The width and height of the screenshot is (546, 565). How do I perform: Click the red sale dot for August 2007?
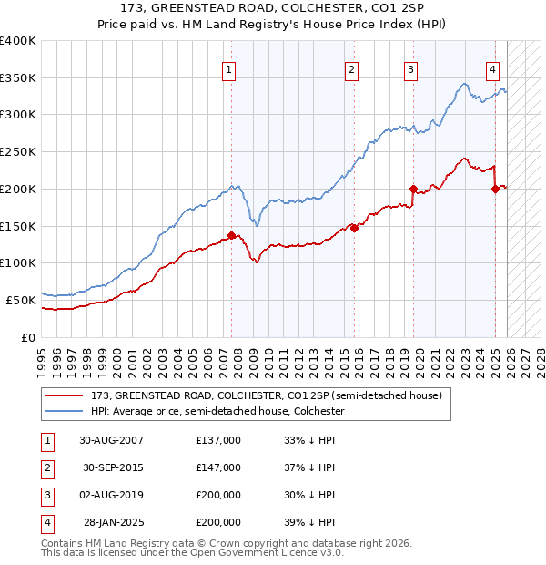(231, 235)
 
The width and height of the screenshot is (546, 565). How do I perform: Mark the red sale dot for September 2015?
(354, 228)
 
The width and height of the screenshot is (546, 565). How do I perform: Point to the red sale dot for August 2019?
(413, 189)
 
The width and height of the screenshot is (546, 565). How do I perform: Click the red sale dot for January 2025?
(496, 189)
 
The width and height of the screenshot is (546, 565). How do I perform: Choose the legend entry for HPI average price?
(217, 411)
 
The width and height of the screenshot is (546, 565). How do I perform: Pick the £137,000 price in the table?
(218, 440)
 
